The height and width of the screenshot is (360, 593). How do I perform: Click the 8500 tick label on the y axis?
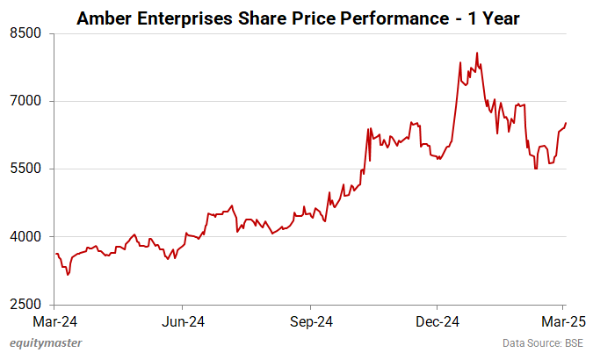pyautogui.click(x=26, y=33)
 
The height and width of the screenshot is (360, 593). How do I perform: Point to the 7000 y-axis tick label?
pyautogui.click(x=26, y=101)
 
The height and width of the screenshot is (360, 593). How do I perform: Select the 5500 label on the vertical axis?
pyautogui.click(x=26, y=169)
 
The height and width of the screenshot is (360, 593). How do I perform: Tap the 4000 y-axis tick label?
pyautogui.click(x=26, y=236)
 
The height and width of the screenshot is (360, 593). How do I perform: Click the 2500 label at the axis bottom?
pyautogui.click(x=26, y=305)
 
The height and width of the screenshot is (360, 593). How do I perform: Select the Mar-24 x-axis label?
pyautogui.click(x=54, y=320)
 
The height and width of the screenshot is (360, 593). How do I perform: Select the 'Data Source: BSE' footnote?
pyautogui.click(x=542, y=343)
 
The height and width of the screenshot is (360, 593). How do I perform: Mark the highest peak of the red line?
pyautogui.click(x=476, y=53)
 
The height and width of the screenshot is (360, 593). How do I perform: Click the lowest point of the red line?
pyautogui.click(x=68, y=275)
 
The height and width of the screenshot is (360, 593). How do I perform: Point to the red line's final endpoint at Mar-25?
pyautogui.click(x=566, y=122)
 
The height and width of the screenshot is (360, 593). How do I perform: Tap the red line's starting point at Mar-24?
pyautogui.click(x=55, y=254)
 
